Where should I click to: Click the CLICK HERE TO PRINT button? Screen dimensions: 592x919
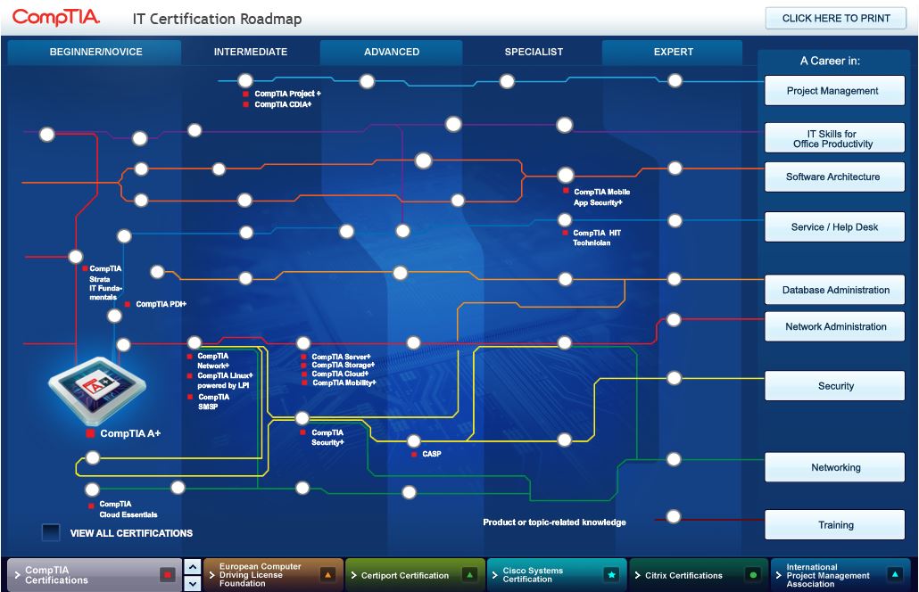pos(835,18)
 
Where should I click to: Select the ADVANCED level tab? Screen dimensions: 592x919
pos(391,52)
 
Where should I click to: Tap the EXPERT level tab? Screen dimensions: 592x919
pos(673,52)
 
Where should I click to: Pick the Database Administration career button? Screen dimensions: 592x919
pos(834,290)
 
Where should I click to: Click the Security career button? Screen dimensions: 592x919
pos(834,386)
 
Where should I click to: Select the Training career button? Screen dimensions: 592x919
pos(834,525)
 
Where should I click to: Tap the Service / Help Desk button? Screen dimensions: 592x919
pos(834,227)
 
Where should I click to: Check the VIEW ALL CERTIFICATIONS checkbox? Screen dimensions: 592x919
pos(51,533)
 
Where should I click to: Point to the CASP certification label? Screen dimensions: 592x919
pos(431,454)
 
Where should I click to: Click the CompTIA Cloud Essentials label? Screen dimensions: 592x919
pos(128,509)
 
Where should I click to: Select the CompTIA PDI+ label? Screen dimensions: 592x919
pos(161,304)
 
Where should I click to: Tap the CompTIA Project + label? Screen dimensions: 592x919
pos(286,93)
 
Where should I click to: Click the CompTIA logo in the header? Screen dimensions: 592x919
pos(56,18)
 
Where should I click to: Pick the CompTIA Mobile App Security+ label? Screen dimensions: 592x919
pos(602,197)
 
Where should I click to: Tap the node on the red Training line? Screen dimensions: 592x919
pos(674,516)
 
